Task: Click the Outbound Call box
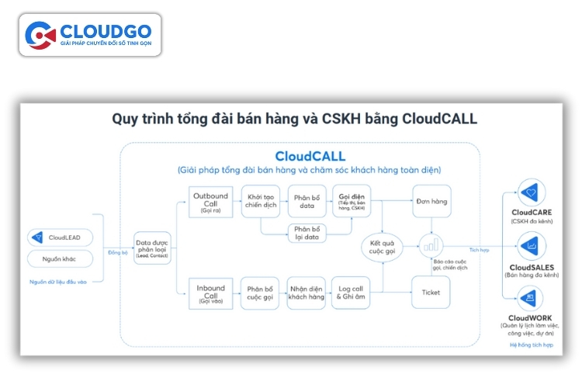coord(211,201)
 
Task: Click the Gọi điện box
coord(352,201)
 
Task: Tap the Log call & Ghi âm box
coord(352,292)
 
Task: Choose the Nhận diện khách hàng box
coord(307,292)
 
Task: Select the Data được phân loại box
coord(151,247)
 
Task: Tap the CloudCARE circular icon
coord(531,192)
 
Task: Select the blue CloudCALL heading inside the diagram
coord(310,154)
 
